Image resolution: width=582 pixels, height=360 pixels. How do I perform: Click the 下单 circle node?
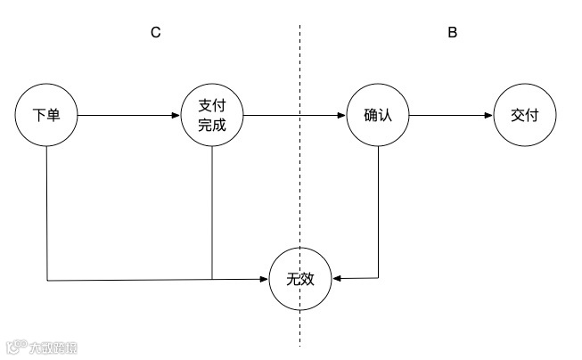[46, 116]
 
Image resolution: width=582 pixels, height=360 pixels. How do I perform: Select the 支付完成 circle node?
[212, 116]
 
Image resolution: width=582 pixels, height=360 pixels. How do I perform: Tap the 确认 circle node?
[379, 116]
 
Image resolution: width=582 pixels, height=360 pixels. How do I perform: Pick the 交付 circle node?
[524, 116]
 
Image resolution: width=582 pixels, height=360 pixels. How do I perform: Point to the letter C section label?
[155, 33]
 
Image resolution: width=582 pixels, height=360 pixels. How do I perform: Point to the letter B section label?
[452, 33]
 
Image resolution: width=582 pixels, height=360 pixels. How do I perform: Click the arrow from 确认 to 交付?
[450, 116]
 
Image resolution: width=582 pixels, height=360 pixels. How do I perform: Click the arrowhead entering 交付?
[488, 116]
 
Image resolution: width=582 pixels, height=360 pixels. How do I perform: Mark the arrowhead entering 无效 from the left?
[266, 280]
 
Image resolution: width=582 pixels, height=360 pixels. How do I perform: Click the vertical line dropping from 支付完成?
[211, 214]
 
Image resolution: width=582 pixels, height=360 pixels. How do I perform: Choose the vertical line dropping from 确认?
[380, 214]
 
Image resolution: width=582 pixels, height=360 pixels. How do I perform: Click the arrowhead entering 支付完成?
[176, 116]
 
